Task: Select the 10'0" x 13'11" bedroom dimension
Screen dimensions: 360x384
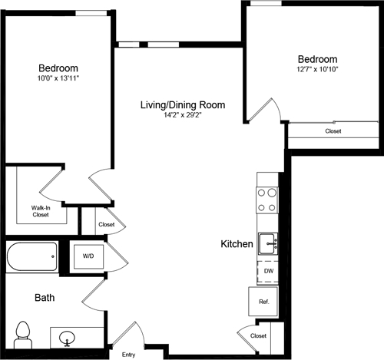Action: (x=58, y=78)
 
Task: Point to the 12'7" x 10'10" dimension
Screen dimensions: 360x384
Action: (x=317, y=69)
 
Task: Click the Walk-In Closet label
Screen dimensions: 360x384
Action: (x=41, y=211)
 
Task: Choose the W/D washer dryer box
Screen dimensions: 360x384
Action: (x=88, y=256)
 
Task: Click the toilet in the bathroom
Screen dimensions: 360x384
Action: (x=24, y=332)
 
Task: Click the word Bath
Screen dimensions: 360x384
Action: (x=44, y=297)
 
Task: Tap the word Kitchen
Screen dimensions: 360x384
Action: (x=237, y=244)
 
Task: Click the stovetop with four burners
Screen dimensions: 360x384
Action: (x=267, y=200)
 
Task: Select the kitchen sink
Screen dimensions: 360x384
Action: (x=267, y=244)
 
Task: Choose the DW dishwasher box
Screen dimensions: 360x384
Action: (x=268, y=271)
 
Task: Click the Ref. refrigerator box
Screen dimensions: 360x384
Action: (x=263, y=302)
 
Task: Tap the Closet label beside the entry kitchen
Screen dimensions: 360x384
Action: (x=258, y=336)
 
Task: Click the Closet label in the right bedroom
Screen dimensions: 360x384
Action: (x=333, y=131)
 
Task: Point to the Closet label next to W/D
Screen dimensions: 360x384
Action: (x=107, y=225)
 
